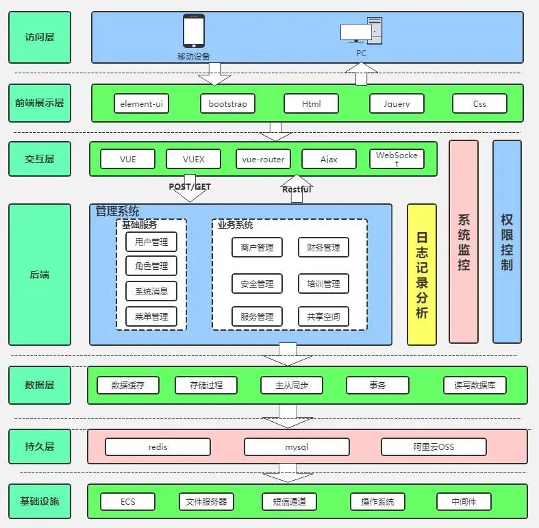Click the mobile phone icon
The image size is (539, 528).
pos(194,32)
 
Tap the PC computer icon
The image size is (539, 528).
pos(361,32)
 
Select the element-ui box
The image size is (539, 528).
pos(141,103)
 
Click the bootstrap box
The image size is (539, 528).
pos(228,103)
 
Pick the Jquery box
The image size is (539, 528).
pos(397,103)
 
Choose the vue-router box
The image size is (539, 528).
pos(263,160)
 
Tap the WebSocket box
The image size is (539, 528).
pos(397,160)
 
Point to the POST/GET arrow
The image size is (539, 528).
pos(190,189)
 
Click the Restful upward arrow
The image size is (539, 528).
pos(297,190)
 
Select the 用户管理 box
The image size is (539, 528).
pos(151,242)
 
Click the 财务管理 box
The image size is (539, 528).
pos(323,247)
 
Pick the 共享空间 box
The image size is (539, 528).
pos(323,316)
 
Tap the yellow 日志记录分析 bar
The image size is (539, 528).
pos(422,274)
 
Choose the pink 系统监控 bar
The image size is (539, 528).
pos(464,241)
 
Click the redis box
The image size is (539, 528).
pos(158,447)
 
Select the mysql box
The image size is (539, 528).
pos(297,447)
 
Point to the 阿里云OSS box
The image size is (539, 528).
pos(434,447)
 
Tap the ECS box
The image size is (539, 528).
pos(128,502)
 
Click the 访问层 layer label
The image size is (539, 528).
pos(40,37)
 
